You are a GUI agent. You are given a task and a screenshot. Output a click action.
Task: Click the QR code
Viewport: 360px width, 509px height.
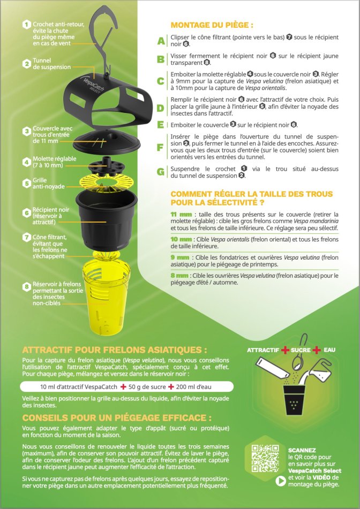266,458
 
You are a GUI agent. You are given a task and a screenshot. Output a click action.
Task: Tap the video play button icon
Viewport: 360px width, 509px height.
281,481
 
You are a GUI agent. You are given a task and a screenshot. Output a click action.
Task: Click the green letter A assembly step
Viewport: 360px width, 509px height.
161,41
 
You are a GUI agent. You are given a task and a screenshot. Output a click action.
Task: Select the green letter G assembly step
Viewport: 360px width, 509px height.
161,172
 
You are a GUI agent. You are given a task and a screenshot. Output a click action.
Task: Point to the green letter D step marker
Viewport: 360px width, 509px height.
161,108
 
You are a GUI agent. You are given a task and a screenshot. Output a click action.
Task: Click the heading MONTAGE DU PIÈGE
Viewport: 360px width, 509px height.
212,25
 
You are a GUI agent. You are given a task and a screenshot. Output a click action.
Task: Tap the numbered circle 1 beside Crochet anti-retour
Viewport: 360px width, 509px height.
27,24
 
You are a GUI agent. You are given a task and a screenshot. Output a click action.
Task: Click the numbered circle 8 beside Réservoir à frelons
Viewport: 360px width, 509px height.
27,287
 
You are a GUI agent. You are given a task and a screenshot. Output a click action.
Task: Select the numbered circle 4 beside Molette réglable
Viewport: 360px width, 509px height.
27,162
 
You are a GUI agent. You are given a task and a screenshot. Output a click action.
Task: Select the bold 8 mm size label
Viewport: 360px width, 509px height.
179,275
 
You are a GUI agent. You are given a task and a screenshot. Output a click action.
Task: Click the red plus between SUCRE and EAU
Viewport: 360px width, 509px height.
317,350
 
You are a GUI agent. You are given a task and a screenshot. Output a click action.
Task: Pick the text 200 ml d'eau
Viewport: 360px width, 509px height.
193,386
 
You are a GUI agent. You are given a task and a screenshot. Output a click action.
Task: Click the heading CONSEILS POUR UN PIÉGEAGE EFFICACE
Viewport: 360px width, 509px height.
117,417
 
